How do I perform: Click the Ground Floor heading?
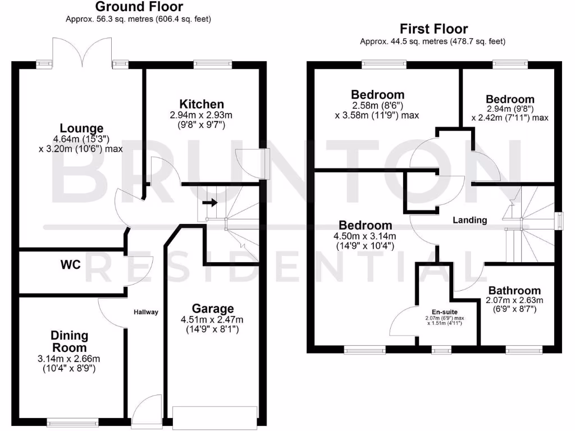click(x=139, y=7)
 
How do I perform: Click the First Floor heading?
click(x=433, y=29)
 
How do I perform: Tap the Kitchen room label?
click(x=202, y=104)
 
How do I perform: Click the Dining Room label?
click(x=70, y=341)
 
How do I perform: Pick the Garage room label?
click(x=213, y=309)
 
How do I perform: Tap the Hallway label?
click(x=146, y=312)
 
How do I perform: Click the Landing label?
click(x=470, y=220)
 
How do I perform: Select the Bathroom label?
click(x=514, y=291)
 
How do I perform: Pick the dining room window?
click(x=65, y=423)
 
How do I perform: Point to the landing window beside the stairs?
click(x=559, y=221)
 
